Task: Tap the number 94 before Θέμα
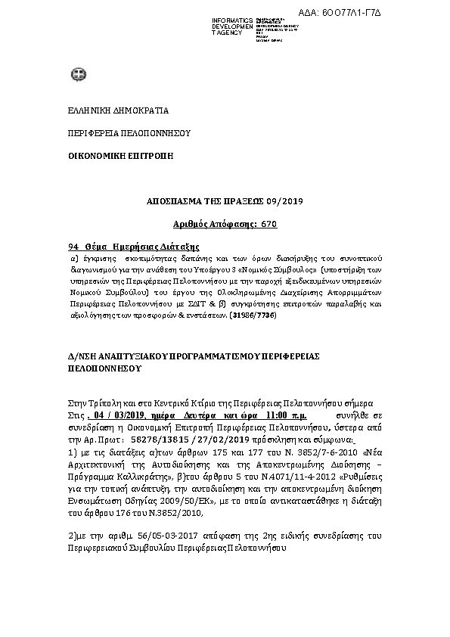pos(73,247)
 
